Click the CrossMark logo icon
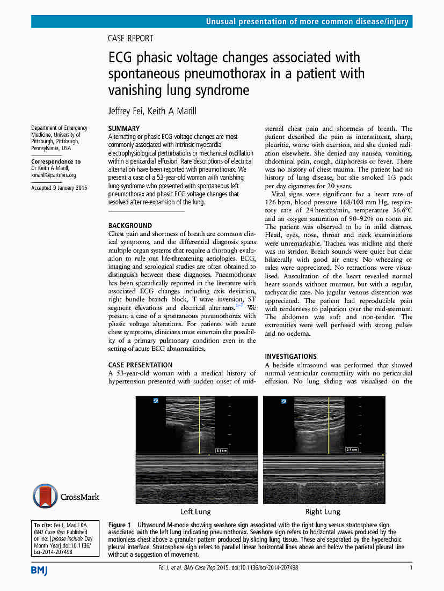click(x=45, y=497)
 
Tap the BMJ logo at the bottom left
click(x=39, y=570)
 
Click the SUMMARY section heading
click(x=123, y=129)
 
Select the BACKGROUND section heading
click(x=130, y=226)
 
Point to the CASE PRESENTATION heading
click(x=140, y=365)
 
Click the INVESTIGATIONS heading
click(x=291, y=356)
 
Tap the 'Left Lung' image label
click(x=195, y=511)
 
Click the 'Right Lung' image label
click(x=323, y=511)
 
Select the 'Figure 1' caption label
click(x=119, y=524)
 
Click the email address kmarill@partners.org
click(x=54, y=175)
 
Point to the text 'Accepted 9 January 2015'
click(x=59, y=188)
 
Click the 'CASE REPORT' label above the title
click(x=130, y=38)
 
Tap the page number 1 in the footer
click(x=411, y=567)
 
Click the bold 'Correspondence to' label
click(x=56, y=161)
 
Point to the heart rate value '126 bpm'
click(x=278, y=202)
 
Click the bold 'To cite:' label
click(x=42, y=525)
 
